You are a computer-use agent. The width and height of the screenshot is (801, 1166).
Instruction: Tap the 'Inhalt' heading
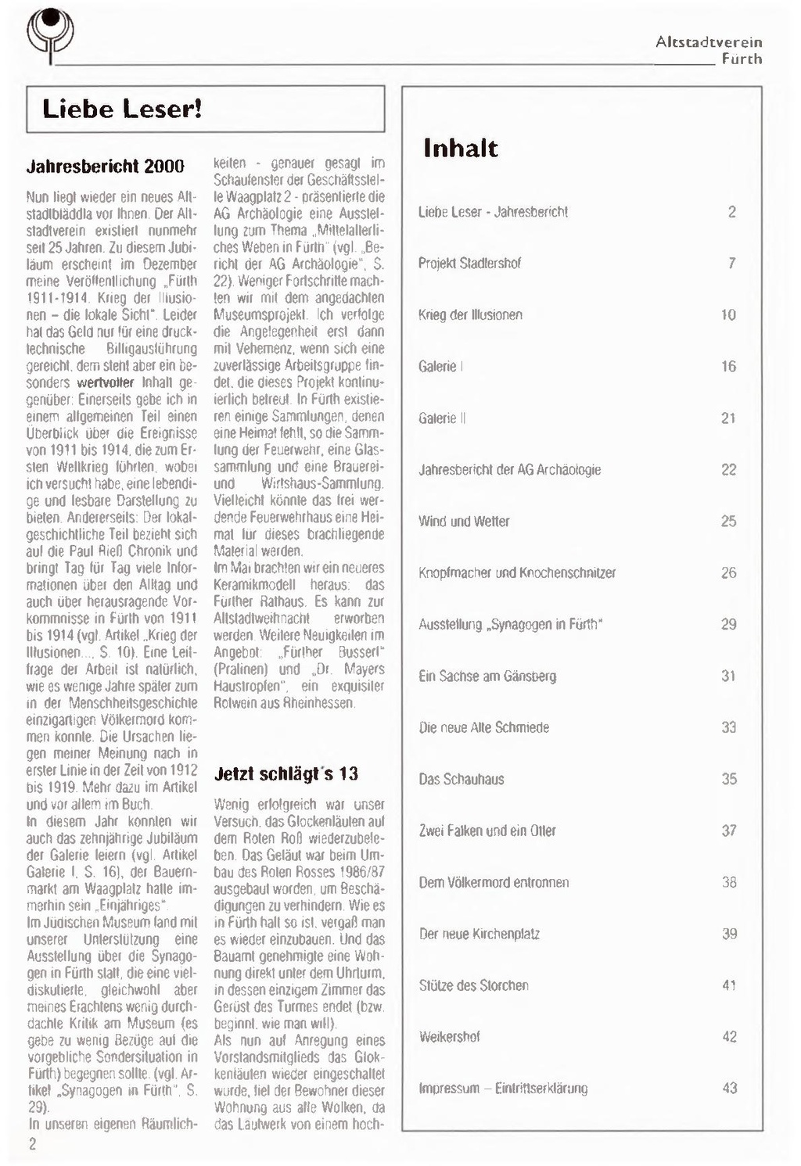tap(460, 148)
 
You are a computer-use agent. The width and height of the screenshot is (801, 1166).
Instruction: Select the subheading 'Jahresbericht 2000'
tap(106, 167)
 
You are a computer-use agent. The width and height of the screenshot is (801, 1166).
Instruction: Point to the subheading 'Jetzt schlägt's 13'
tap(286, 773)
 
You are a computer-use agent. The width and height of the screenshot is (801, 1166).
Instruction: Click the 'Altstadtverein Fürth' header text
tap(709, 50)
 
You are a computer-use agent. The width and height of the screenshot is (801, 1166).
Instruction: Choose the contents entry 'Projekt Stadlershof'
tap(469, 263)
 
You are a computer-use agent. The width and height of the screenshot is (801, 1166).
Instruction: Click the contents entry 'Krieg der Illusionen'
tap(470, 314)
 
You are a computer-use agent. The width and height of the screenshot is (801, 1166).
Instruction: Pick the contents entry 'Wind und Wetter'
tap(464, 521)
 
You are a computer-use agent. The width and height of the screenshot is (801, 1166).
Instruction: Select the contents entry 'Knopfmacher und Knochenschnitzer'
tap(517, 572)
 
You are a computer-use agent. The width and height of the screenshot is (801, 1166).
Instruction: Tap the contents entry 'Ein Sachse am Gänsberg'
tap(487, 676)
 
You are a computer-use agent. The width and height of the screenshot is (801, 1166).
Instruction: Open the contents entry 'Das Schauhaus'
tap(462, 779)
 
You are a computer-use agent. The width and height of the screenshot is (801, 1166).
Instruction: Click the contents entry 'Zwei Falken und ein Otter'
tap(487, 831)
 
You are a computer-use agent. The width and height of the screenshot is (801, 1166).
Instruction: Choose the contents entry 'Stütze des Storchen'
tap(473, 985)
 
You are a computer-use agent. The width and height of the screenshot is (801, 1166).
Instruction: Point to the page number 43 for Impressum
tap(729, 1088)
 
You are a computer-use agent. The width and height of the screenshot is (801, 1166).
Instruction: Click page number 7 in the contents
tap(731, 263)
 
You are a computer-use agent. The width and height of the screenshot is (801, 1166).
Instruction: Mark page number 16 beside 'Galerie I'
tap(728, 366)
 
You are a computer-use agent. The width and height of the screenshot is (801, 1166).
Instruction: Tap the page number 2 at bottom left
tap(33, 1144)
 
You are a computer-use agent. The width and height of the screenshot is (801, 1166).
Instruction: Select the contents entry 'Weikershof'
tap(449, 1037)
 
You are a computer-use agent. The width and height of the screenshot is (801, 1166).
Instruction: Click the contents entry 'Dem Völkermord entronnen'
tap(494, 882)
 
